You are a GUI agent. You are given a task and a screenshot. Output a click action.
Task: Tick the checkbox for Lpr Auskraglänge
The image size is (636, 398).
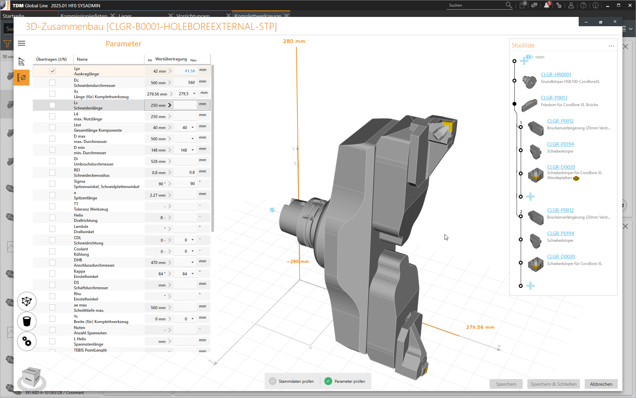(x=52, y=71)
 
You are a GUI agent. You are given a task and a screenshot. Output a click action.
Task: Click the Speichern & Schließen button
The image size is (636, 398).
(x=553, y=384)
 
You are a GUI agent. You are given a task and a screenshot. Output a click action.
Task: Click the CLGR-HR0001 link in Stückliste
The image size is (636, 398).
(x=556, y=75)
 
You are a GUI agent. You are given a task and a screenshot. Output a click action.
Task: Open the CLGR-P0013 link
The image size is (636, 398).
(x=554, y=98)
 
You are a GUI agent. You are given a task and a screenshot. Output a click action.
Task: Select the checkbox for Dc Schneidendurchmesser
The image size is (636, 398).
(x=52, y=83)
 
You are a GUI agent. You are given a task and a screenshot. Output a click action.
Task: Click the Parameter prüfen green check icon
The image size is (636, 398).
(x=328, y=381)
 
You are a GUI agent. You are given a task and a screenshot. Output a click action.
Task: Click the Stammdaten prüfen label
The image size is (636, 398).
(x=296, y=381)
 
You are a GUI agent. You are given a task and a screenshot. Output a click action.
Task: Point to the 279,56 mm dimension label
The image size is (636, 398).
(x=480, y=327)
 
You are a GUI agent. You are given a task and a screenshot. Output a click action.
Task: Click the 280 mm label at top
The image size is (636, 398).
(x=294, y=41)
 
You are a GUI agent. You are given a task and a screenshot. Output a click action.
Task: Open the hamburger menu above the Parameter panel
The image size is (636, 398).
(x=22, y=43)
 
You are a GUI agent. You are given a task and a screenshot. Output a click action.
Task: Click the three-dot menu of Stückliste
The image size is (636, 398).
(x=611, y=46)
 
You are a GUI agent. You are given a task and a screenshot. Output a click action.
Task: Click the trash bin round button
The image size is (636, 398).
(x=27, y=321)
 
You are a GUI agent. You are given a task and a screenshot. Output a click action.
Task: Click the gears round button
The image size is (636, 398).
(x=27, y=341)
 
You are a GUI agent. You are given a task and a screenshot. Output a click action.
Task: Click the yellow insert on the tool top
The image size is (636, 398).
(x=448, y=126)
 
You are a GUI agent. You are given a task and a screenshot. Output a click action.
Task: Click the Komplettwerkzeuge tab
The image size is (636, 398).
(x=257, y=16)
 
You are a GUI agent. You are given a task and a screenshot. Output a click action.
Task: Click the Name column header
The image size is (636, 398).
(x=82, y=59)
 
